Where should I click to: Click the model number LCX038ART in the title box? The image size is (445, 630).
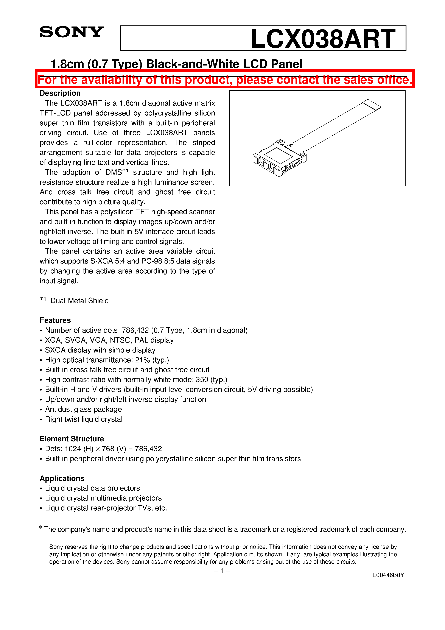323,39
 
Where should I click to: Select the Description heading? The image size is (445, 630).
60,93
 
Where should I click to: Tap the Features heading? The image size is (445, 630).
55,320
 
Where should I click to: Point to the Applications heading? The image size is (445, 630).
62,478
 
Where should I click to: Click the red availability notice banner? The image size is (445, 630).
224,80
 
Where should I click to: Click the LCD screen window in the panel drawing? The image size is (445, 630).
278,156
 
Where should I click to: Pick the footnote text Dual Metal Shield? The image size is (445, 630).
79,301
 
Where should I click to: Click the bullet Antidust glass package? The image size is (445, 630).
83,409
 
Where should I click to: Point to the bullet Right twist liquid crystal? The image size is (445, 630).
84,419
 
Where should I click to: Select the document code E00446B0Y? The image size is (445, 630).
388,575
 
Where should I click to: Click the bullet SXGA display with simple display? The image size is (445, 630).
100,350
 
